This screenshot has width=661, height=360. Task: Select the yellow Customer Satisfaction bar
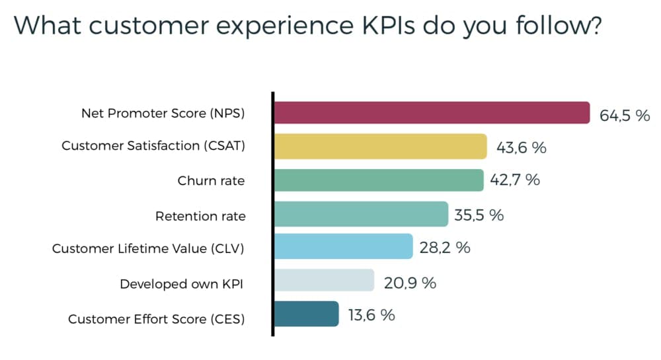380,147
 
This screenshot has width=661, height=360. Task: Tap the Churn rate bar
378,180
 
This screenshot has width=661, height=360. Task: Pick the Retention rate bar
360,214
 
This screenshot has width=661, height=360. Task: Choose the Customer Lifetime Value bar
343,247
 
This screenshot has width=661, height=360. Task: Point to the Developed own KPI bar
324,281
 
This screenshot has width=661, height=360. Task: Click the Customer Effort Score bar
306,314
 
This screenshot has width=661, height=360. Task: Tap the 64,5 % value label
625,116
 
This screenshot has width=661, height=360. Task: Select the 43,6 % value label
521,148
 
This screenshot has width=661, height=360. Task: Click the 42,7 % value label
516,180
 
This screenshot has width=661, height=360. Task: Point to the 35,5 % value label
479,215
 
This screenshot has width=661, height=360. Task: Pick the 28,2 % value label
444,248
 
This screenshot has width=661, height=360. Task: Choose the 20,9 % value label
410,283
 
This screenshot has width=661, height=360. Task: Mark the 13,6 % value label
371,315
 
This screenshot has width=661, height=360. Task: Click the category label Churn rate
211,181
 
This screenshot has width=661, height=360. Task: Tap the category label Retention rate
200,216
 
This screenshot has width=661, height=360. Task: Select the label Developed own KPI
182,284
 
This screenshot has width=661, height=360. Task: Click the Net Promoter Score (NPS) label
163,113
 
